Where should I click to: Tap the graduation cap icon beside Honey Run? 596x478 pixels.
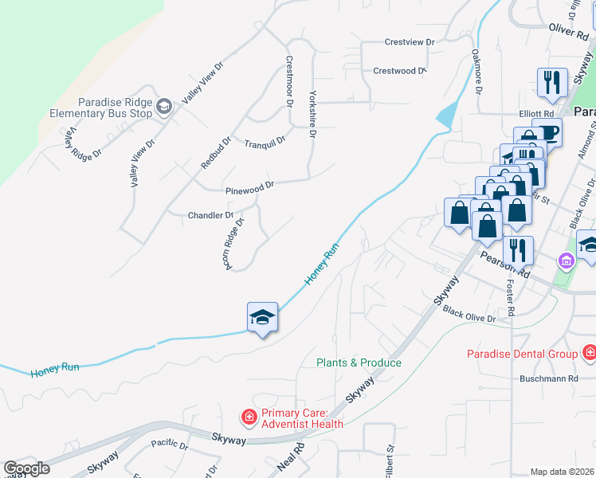click(x=262, y=318)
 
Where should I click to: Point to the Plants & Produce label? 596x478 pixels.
click(x=359, y=362)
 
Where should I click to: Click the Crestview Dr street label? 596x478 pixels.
click(x=410, y=42)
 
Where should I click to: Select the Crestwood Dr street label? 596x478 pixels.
click(x=406, y=71)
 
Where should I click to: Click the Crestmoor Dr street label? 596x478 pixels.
click(x=289, y=81)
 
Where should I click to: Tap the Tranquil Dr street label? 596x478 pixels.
click(x=265, y=142)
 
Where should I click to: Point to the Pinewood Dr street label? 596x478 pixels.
click(x=249, y=188)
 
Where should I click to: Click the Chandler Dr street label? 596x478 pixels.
click(x=210, y=215)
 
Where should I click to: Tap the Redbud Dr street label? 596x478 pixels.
click(x=215, y=152)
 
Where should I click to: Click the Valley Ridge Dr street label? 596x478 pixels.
click(x=85, y=143)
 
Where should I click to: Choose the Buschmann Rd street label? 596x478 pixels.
click(x=550, y=378)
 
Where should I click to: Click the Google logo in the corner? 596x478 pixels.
click(x=26, y=468)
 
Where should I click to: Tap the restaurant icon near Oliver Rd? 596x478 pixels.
click(x=551, y=82)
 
